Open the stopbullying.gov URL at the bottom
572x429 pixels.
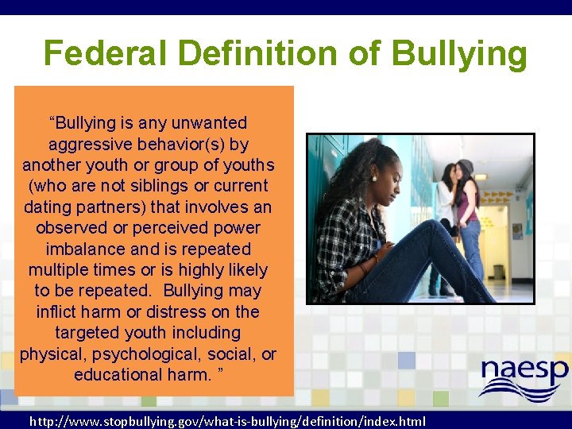(x=226, y=421)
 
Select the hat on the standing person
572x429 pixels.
(x=465, y=167)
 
